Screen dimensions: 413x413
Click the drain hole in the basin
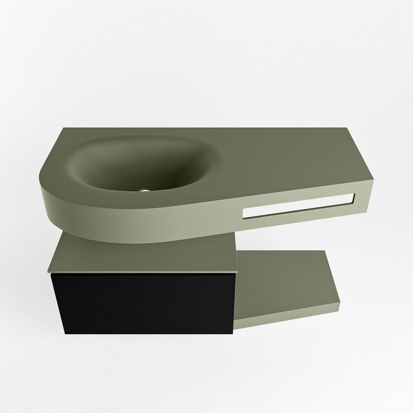point(145,191)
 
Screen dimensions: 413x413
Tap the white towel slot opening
point(297,205)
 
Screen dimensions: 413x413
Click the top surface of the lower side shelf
point(285,277)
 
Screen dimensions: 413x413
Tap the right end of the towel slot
point(353,199)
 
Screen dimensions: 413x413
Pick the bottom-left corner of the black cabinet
point(65,333)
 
